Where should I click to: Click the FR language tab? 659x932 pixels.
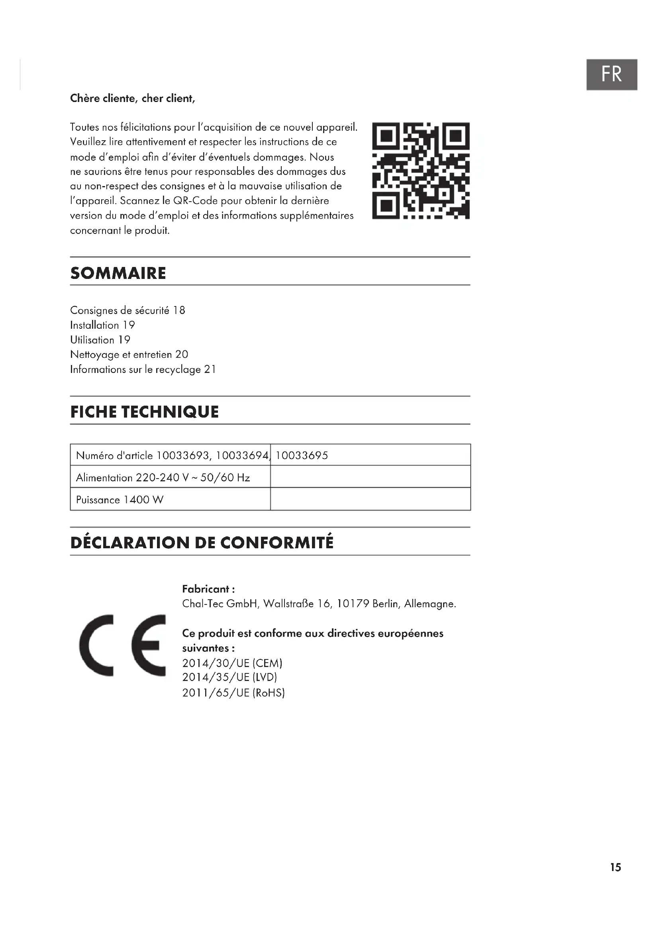coord(611,74)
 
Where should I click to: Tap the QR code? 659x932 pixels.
coord(421,171)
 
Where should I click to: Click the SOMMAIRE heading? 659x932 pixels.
coord(118,273)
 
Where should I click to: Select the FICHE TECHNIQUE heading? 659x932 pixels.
coord(145,412)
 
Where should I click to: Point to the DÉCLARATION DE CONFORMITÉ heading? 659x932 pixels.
coord(202,542)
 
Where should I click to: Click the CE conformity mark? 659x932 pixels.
coord(122,646)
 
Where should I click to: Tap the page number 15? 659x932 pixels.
coord(615,867)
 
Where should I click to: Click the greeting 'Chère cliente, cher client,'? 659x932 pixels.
coord(132,98)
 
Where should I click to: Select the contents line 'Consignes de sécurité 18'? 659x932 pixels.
coord(127,310)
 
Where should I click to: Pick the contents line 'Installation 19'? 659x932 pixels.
coord(102,325)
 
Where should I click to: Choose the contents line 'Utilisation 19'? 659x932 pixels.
coord(100,340)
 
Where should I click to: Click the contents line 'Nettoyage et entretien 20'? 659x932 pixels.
coord(129,354)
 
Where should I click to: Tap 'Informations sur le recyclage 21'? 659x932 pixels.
coord(143,369)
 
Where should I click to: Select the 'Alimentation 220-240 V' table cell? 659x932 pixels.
coord(163,477)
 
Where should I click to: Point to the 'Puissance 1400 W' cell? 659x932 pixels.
coord(120,500)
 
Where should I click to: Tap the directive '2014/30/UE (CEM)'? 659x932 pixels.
coord(232,663)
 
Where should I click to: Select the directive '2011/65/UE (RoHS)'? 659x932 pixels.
coord(233,693)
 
